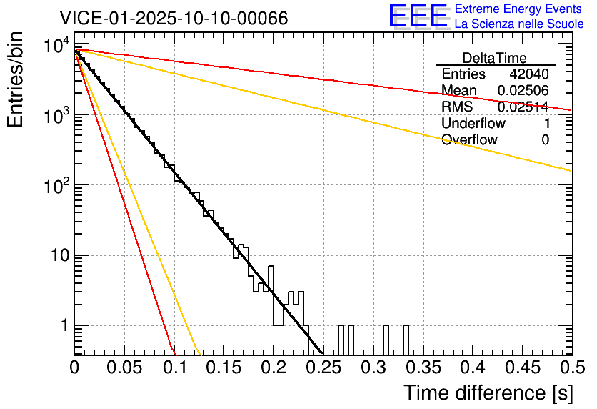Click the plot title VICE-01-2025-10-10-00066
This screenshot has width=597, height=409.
(174, 18)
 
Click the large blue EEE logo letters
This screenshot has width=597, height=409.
(418, 16)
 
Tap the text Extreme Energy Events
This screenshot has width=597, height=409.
(518, 9)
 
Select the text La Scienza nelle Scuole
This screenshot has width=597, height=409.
(518, 24)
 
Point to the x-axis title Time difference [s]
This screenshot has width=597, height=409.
(488, 393)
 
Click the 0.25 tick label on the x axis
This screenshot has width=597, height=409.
(323, 368)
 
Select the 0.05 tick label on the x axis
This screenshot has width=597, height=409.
(124, 368)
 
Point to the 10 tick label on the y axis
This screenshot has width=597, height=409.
(56, 255)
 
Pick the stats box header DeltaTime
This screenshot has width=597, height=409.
(495, 58)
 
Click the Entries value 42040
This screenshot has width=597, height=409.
(529, 74)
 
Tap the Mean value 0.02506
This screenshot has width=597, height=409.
(523, 91)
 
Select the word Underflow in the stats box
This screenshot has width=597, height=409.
(473, 123)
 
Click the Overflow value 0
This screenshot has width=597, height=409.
(545, 139)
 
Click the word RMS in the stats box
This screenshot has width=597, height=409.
(456, 107)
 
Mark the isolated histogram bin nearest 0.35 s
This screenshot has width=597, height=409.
(406, 339)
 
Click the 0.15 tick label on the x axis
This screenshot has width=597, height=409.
(224, 368)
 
